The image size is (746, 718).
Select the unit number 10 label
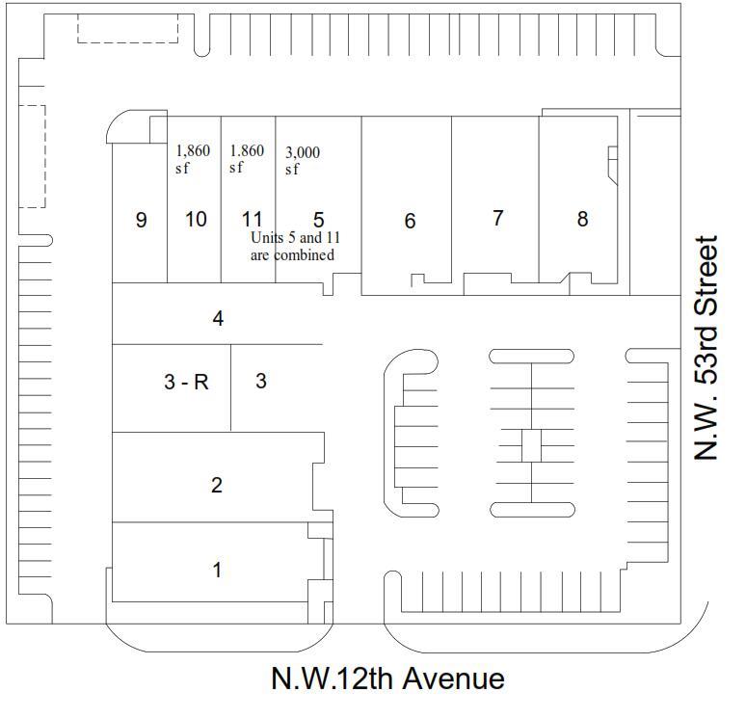[196, 220]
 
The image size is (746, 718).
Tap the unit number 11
[253, 220]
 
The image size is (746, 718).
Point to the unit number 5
[318, 220]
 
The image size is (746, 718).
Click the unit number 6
[410, 222]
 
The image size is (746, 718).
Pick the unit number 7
[497, 219]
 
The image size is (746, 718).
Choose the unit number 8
[582, 219]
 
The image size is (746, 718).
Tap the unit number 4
[219, 318]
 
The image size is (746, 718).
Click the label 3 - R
[186, 382]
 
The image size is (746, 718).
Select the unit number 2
[216, 485]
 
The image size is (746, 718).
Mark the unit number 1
[217, 570]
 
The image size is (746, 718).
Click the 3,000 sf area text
[303, 161]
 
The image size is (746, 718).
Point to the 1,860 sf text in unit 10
[193, 159]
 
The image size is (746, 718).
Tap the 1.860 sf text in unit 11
[247, 159]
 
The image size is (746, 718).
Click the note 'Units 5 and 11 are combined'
[293, 247]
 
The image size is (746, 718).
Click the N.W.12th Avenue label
[387, 678]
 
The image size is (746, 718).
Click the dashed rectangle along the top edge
[127, 28]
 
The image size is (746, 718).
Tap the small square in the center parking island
[531, 446]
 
